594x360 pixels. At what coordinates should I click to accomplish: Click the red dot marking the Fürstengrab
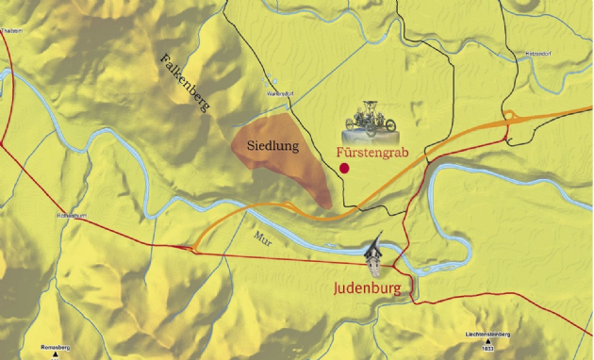tap(345, 168)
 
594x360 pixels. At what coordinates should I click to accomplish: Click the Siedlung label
tap(272, 146)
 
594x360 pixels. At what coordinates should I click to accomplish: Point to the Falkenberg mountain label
tap(185, 84)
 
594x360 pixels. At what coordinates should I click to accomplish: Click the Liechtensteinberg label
tap(487, 335)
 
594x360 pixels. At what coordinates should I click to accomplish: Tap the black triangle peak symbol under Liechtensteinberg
tap(487, 343)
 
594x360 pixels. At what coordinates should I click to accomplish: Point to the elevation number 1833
tap(487, 351)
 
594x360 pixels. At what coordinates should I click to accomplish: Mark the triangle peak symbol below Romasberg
tap(57, 356)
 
